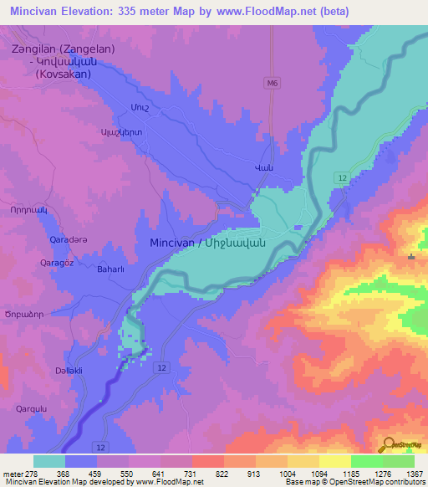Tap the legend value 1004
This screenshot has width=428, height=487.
coord(287,473)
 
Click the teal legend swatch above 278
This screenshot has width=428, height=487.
coord(49,461)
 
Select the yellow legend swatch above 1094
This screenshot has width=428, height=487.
coord(303,461)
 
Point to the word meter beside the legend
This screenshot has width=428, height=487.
coord(13,473)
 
